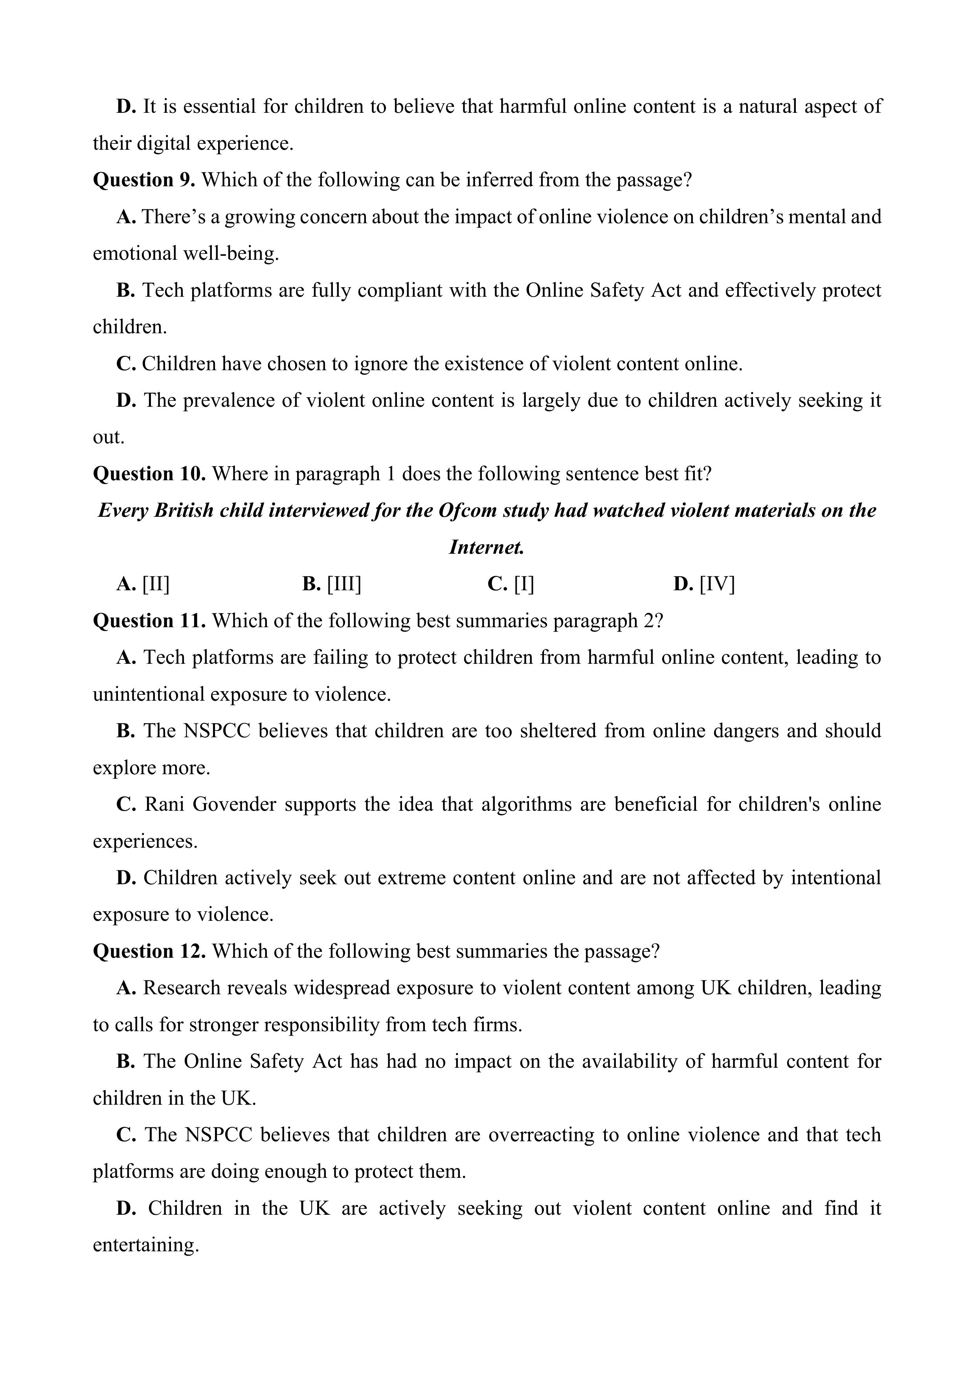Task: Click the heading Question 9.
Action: click(143, 180)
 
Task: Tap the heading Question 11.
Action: click(149, 621)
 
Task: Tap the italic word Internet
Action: click(487, 547)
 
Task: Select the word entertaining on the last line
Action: click(145, 1245)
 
